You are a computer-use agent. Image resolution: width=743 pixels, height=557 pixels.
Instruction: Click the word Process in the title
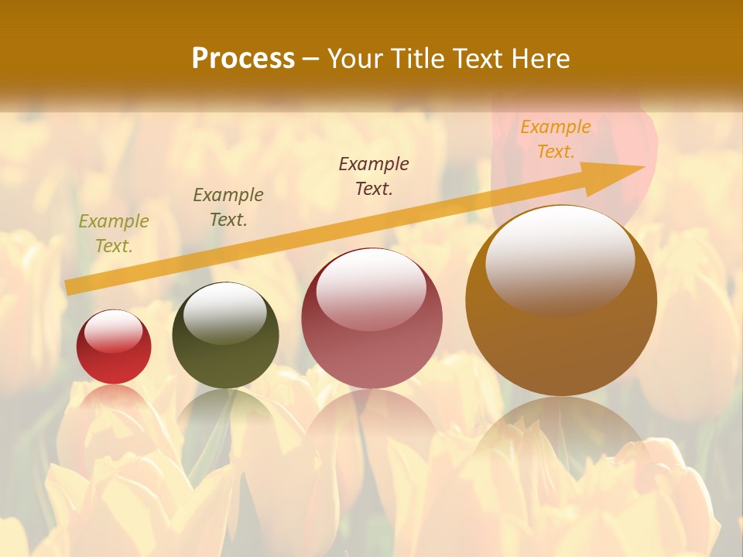click(243, 59)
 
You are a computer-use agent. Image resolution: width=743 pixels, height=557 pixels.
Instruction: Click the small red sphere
click(114, 347)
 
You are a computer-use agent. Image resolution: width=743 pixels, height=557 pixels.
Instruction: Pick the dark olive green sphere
click(225, 336)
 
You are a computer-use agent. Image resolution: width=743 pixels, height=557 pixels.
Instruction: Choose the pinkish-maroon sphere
click(371, 319)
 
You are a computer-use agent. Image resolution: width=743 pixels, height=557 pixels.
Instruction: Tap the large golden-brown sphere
click(561, 300)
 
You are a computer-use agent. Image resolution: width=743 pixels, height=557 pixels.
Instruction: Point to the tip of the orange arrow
click(644, 166)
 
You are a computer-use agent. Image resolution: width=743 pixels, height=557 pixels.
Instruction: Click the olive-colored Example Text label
click(114, 234)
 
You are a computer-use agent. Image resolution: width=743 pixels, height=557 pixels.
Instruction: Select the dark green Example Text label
click(228, 207)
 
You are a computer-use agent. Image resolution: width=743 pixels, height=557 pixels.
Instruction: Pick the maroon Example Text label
click(374, 176)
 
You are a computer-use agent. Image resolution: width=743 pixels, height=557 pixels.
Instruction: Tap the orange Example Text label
click(556, 139)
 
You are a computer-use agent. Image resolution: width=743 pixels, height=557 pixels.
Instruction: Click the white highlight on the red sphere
click(114, 331)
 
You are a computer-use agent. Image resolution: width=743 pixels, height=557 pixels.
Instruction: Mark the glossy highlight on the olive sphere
click(225, 311)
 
